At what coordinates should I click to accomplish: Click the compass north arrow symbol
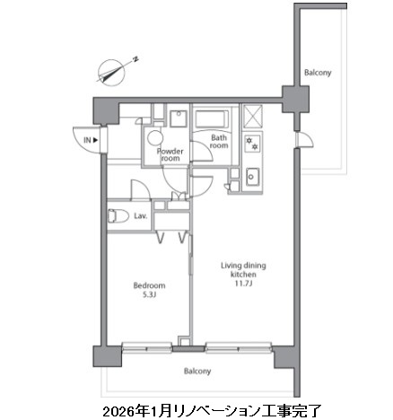(x=111, y=73)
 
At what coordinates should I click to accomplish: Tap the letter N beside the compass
(x=135, y=59)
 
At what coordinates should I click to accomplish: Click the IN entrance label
(x=91, y=140)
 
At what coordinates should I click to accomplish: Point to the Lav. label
(x=140, y=216)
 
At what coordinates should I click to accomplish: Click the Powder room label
(x=170, y=154)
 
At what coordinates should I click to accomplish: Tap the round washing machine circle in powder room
(x=155, y=138)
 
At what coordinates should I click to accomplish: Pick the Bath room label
(x=219, y=142)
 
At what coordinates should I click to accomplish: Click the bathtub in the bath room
(x=212, y=119)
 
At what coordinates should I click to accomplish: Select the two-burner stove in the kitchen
(x=252, y=143)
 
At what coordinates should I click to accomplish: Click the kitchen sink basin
(x=252, y=177)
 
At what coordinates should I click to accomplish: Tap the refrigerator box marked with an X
(x=252, y=117)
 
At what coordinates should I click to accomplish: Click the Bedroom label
(x=149, y=285)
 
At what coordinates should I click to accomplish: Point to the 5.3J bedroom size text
(x=150, y=295)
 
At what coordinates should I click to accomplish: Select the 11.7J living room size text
(x=243, y=284)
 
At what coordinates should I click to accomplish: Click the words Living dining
(x=243, y=266)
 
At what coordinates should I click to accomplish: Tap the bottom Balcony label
(x=197, y=372)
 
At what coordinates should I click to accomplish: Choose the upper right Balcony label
(x=318, y=73)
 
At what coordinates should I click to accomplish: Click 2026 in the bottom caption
(x=118, y=411)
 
